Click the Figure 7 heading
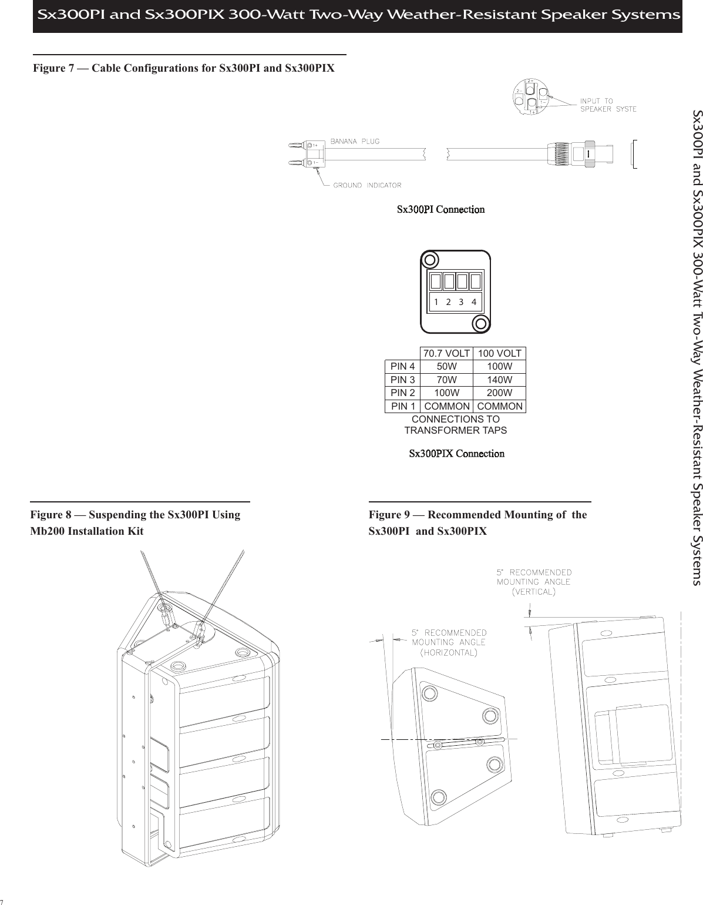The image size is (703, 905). [x=184, y=68]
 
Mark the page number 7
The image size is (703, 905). [x=2, y=901]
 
